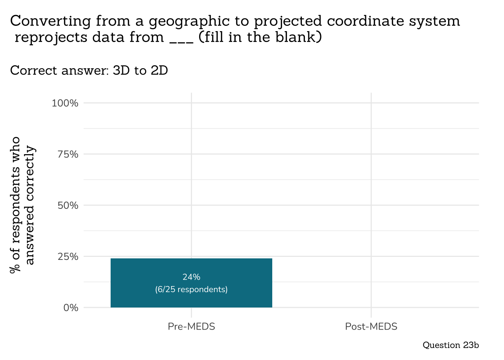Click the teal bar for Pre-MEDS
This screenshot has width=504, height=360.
click(x=191, y=266)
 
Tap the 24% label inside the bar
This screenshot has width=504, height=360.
click(x=191, y=277)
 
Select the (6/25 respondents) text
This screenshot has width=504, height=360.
click(x=191, y=289)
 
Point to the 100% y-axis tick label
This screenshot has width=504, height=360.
click(x=65, y=103)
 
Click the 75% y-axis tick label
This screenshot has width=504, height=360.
click(x=67, y=154)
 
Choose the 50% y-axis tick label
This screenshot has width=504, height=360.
click(x=67, y=205)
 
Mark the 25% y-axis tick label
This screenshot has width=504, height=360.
click(x=67, y=256)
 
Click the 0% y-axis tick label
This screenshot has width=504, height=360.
click(x=70, y=308)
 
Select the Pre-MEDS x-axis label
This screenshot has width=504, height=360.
click(x=191, y=327)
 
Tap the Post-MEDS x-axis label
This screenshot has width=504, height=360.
click(x=371, y=327)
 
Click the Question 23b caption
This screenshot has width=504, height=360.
click(x=450, y=345)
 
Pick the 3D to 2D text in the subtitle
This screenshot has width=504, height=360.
click(x=140, y=70)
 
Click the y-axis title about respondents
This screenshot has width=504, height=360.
click(x=22, y=205)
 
